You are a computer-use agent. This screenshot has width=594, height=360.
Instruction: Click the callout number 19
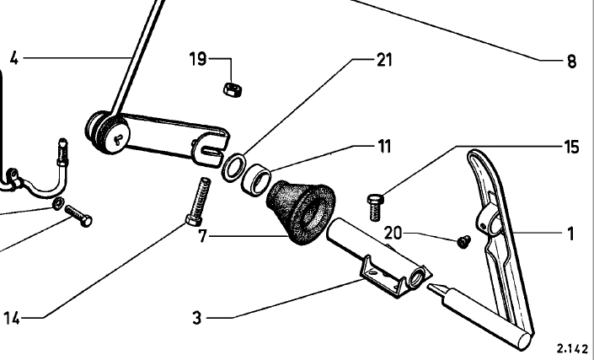(197, 60)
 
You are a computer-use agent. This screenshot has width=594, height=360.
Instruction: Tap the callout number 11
(384, 145)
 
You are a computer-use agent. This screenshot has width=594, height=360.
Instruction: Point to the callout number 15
(571, 147)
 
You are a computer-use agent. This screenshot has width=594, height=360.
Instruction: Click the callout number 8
(570, 60)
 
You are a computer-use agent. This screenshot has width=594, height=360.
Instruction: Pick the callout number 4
(13, 59)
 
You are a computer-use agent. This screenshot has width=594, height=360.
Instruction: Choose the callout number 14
(11, 318)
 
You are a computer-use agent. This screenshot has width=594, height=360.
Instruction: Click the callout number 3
(196, 318)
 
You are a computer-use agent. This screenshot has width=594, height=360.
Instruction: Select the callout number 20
(393, 232)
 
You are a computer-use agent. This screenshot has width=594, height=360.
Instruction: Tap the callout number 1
(571, 231)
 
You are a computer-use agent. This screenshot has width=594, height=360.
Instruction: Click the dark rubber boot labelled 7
(301, 210)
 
